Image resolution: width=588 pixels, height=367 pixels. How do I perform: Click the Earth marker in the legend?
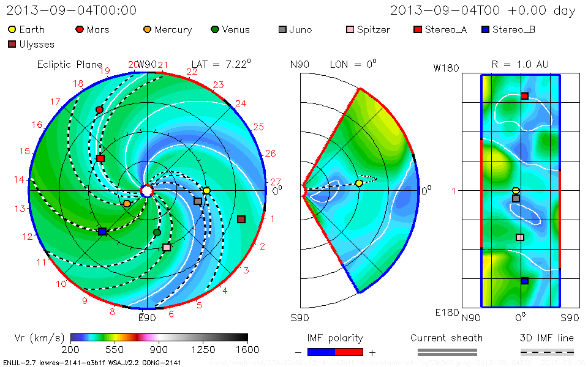pyautogui.click(x=12, y=29)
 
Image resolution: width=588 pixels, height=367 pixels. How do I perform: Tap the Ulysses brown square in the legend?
pyautogui.click(x=12, y=44)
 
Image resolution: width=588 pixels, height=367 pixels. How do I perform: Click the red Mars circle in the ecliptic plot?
pyautogui.click(x=99, y=109)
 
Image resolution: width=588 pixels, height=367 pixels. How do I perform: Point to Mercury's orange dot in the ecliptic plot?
pyautogui.click(x=127, y=203)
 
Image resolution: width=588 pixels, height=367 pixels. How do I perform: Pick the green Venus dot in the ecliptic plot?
pyautogui.click(x=157, y=232)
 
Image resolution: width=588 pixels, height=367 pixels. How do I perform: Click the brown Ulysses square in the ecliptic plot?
pyautogui.click(x=241, y=219)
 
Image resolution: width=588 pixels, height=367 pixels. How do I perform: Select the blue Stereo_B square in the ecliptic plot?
pyautogui.click(x=102, y=231)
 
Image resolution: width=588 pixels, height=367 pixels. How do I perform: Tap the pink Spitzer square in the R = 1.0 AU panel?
pyautogui.click(x=520, y=237)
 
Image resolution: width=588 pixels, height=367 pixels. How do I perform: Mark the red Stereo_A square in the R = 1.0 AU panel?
pyautogui.click(x=524, y=96)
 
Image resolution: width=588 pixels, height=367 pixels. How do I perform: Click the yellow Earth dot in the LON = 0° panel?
pyautogui.click(x=359, y=183)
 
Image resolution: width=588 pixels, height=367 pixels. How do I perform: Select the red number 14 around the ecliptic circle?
pyautogui.click(x=20, y=179)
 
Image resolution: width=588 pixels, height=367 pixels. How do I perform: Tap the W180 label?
pyautogui.click(x=446, y=68)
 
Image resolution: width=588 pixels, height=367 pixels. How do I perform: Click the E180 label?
pyautogui.click(x=446, y=313)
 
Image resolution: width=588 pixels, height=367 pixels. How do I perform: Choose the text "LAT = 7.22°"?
pyautogui.click(x=221, y=64)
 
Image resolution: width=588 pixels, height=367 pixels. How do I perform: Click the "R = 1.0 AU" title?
pyautogui.click(x=520, y=64)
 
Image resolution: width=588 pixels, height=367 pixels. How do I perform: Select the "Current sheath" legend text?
pyautogui.click(x=447, y=338)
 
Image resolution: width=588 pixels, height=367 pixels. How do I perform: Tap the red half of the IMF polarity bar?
pyautogui.click(x=349, y=352)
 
